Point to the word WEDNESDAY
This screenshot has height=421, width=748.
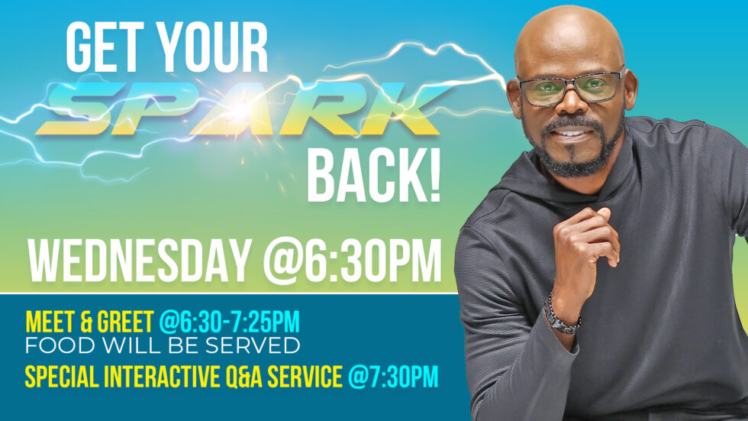[138, 261]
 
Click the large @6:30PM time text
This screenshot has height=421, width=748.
[353, 261]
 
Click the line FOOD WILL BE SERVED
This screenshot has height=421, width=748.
[163, 345]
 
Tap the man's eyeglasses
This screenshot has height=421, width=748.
[569, 89]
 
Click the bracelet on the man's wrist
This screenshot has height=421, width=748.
[560, 314]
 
